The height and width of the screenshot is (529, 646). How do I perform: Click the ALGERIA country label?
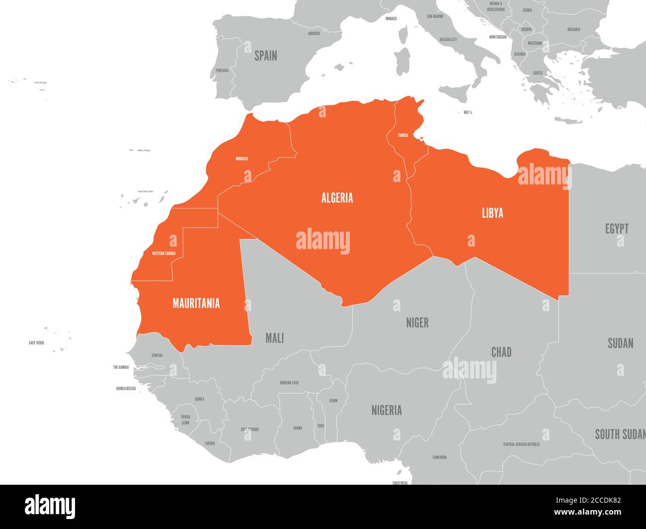(x=337, y=198)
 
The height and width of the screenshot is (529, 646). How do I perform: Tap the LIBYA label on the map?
(x=492, y=213)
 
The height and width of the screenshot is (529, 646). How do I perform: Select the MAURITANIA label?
(x=196, y=303)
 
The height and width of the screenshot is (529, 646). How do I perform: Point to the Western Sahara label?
(x=163, y=254)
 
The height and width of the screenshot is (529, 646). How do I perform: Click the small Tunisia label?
(x=403, y=135)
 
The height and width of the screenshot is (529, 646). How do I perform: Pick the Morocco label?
(x=242, y=159)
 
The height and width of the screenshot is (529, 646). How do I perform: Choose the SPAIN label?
(x=266, y=56)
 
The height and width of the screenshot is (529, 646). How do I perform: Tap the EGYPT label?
(x=617, y=229)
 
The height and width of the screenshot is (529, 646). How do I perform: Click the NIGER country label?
(x=417, y=323)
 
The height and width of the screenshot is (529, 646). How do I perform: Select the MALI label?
(x=274, y=339)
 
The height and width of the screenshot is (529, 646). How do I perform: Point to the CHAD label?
(x=501, y=353)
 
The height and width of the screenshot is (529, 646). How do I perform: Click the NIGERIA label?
(x=387, y=411)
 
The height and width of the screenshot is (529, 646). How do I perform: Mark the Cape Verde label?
(x=36, y=343)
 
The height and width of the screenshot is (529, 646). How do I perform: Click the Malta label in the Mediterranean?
(x=468, y=112)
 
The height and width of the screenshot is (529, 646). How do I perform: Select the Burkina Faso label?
(x=289, y=383)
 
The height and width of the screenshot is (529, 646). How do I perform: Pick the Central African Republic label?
(x=521, y=444)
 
